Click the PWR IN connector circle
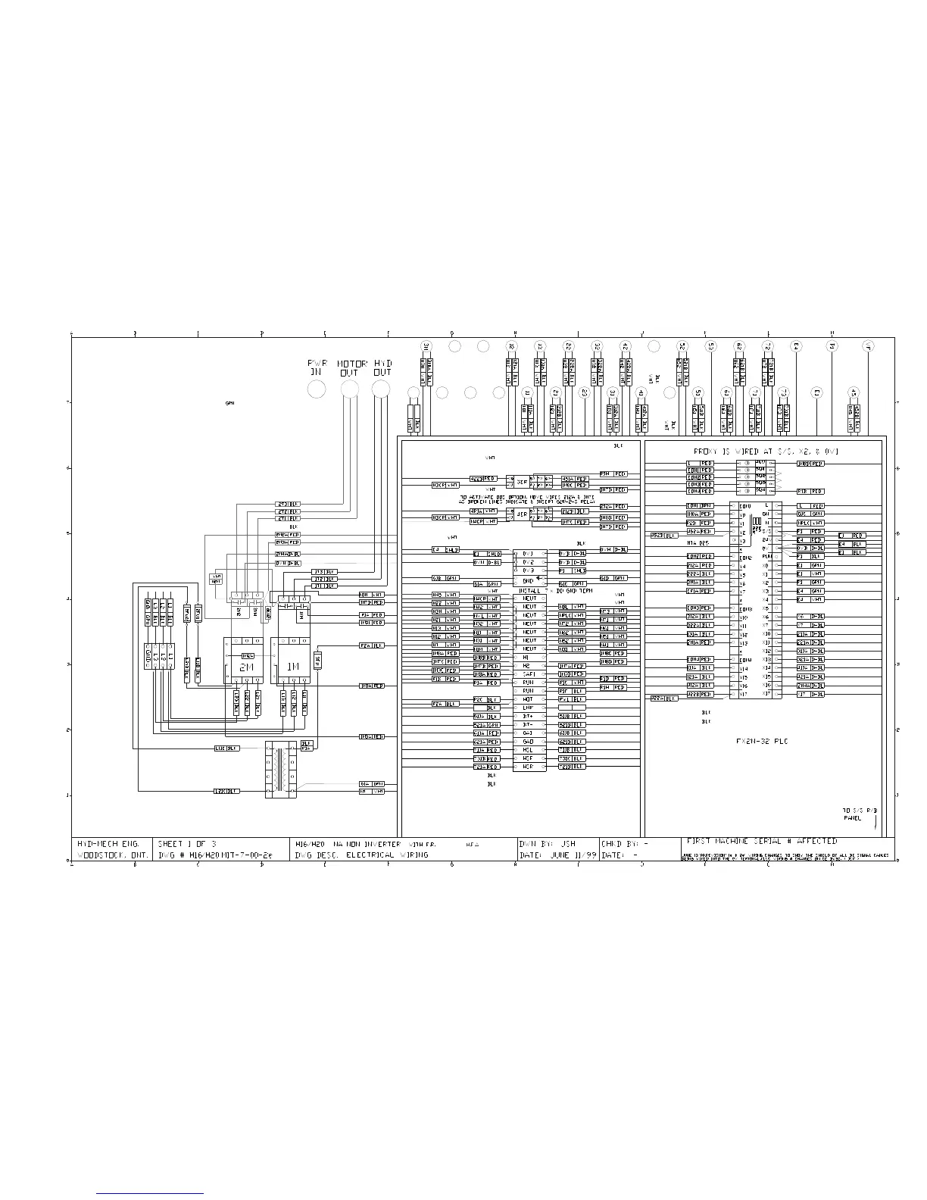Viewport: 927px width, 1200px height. click(x=317, y=389)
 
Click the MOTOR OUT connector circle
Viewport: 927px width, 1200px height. click(x=350, y=389)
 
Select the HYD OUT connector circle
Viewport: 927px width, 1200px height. click(x=382, y=389)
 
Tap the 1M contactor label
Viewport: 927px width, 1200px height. click(x=292, y=667)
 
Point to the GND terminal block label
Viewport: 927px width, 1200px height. click(x=528, y=580)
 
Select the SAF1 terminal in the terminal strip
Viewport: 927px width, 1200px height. click(x=528, y=673)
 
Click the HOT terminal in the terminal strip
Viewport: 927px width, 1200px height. click(x=528, y=699)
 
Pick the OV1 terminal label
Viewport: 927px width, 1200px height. click(x=528, y=554)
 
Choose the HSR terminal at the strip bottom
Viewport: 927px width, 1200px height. click(x=528, y=767)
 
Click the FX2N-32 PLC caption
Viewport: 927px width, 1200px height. click(x=762, y=742)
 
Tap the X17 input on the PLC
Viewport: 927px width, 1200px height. click(x=744, y=694)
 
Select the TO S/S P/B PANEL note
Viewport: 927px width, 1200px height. click(x=860, y=814)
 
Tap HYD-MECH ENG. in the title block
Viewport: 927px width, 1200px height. click(x=107, y=842)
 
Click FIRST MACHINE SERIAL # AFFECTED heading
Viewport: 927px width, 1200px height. click(x=761, y=841)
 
